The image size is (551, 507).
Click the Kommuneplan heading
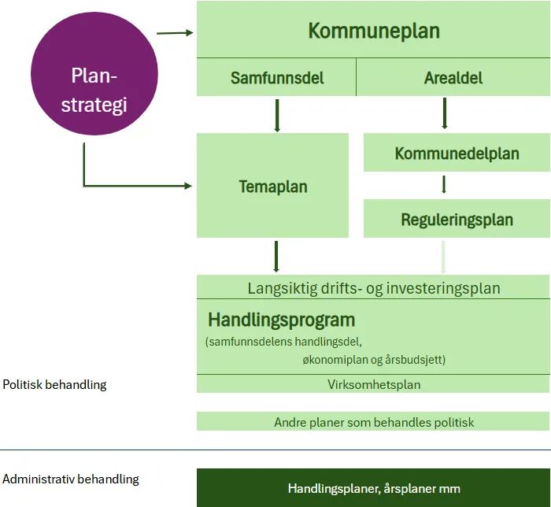(x=373, y=31)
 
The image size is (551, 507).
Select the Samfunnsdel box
(x=276, y=78)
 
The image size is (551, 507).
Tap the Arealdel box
(x=453, y=78)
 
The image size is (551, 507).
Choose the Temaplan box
(x=272, y=187)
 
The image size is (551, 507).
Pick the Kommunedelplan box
(x=457, y=153)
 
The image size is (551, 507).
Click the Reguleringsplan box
(x=457, y=220)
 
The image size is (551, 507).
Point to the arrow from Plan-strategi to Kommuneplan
(x=175, y=33)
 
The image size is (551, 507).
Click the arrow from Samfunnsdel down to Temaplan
(x=277, y=115)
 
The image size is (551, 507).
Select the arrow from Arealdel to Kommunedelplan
(x=445, y=113)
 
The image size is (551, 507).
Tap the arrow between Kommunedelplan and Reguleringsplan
(x=445, y=185)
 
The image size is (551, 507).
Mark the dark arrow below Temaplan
(x=277, y=257)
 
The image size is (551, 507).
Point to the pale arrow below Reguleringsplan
(x=444, y=257)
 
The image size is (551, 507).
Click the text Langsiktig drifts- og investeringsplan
(x=374, y=287)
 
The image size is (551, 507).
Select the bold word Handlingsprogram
(x=281, y=320)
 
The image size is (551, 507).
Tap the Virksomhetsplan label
(x=374, y=385)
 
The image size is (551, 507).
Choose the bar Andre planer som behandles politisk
(x=374, y=422)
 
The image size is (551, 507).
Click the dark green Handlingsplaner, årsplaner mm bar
(x=373, y=488)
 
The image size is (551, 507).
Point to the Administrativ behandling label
(x=71, y=479)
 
